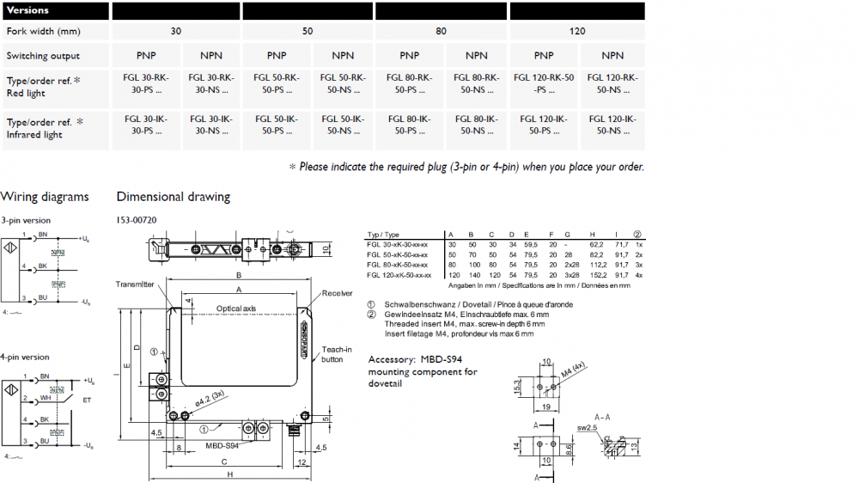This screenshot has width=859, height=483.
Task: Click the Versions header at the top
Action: (x=28, y=10)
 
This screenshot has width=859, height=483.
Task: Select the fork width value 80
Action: (x=442, y=31)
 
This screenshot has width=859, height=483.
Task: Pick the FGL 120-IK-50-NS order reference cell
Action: (x=612, y=125)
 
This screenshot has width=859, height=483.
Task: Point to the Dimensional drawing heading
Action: (x=174, y=197)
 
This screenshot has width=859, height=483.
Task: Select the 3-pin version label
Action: (x=26, y=220)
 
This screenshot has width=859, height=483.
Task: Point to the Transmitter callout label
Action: (x=136, y=284)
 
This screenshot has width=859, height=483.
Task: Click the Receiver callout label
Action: (x=337, y=293)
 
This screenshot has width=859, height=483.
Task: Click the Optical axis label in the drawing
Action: (x=236, y=308)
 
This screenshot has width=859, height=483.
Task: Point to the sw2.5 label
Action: (x=587, y=427)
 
